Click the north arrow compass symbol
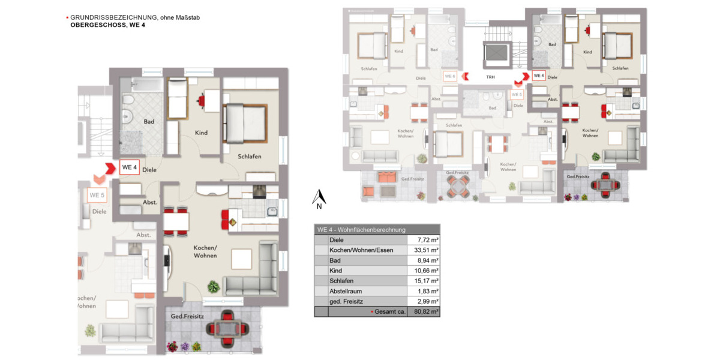click(320, 199)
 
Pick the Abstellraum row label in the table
click(345, 291)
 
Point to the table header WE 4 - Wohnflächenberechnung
click(362, 230)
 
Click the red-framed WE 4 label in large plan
click(129, 167)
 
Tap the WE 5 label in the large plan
click(97, 195)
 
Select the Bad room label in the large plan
click(149, 122)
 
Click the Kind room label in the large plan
click(201, 133)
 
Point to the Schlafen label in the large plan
click(248, 157)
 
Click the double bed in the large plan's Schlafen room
click(244, 123)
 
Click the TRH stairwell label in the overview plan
click(491, 77)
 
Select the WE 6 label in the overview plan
click(449, 76)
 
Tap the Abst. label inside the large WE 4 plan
click(150, 203)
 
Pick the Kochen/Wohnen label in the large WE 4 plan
click(205, 251)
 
